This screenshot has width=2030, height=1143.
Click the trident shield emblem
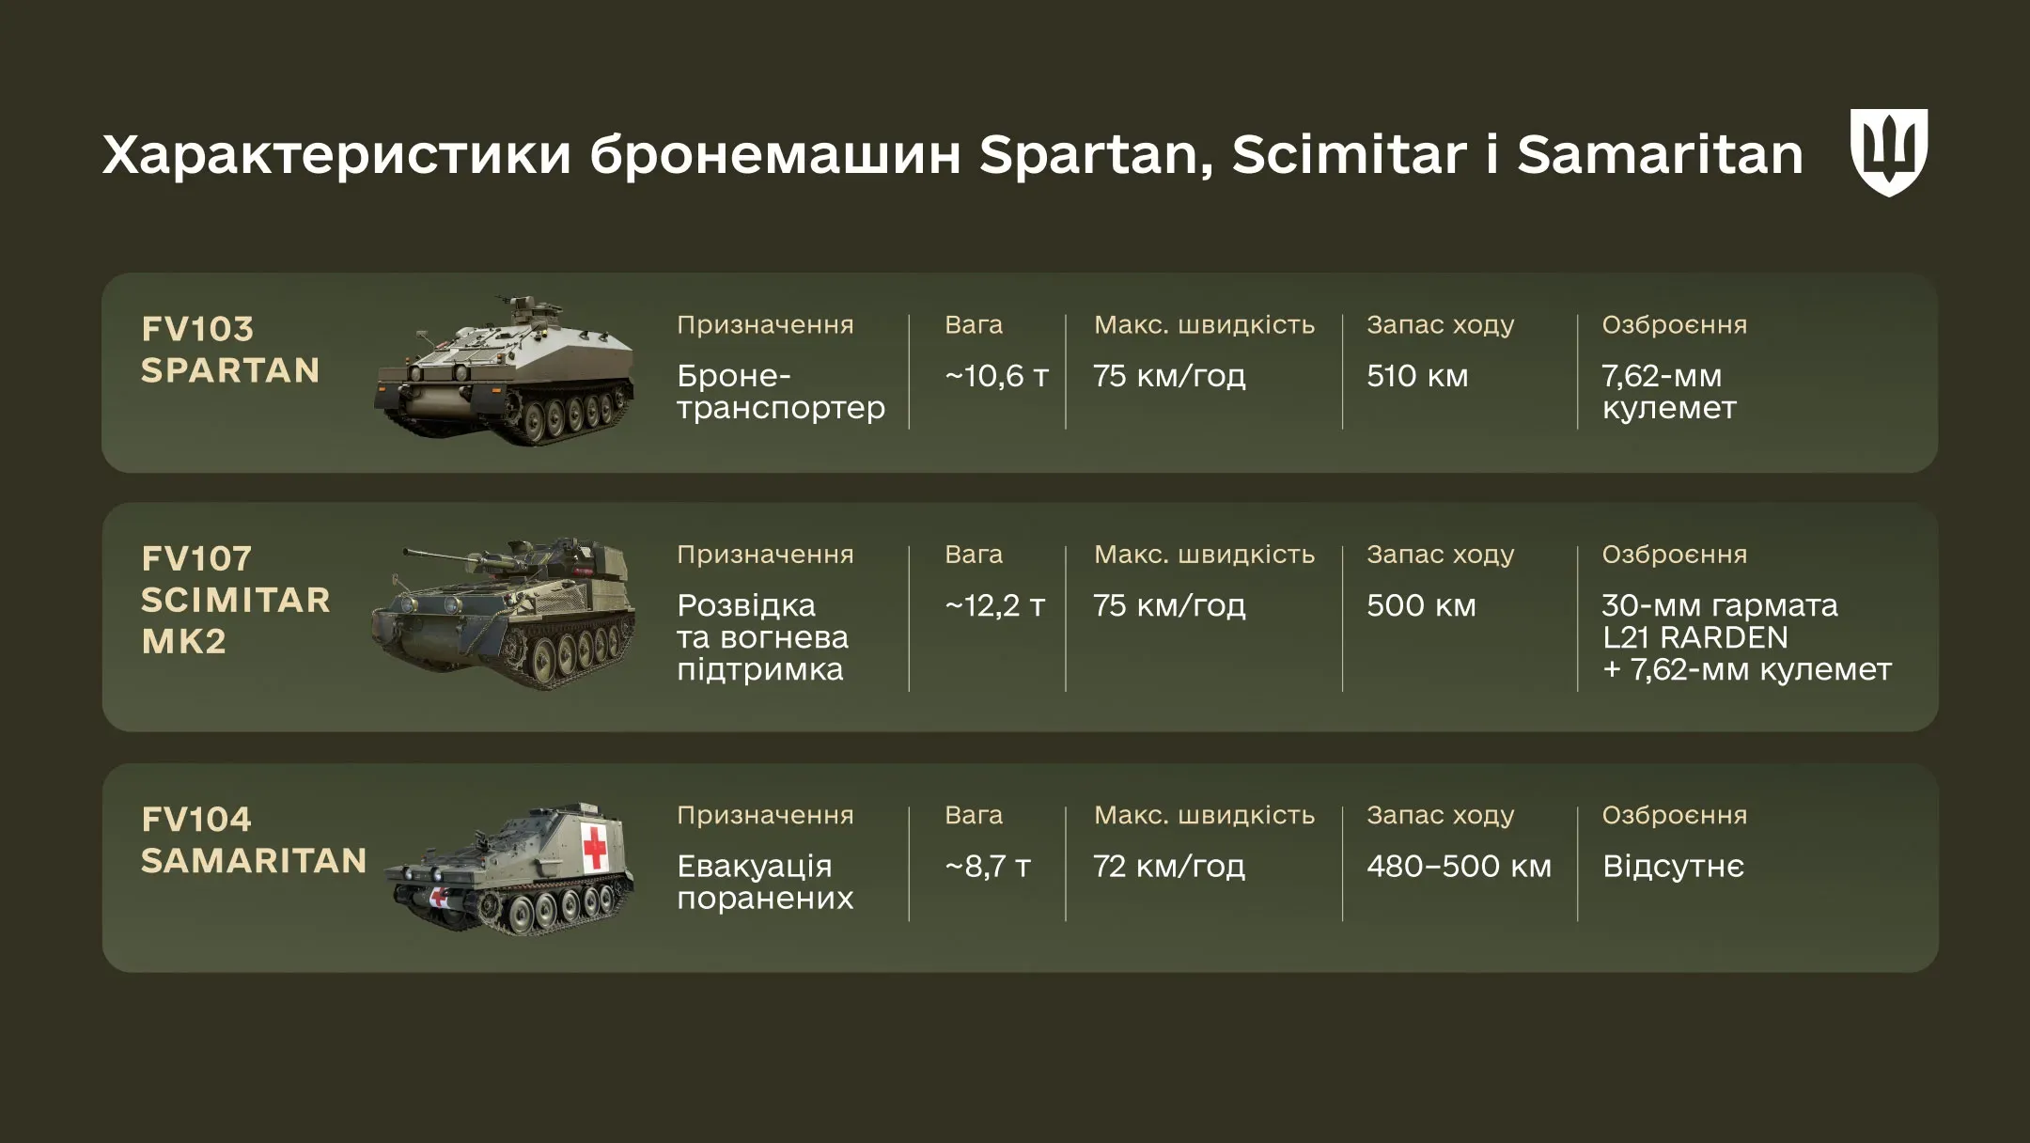[x=1888, y=151]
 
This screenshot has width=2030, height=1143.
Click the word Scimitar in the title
[x=1349, y=154]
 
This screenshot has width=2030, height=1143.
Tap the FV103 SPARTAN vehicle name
[x=230, y=350]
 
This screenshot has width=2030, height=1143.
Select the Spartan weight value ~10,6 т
[x=996, y=376]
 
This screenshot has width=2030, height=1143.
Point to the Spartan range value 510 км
[x=1416, y=376]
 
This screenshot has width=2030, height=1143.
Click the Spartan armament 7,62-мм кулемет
[x=1668, y=392]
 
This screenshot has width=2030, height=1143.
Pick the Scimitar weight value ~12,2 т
[x=994, y=605]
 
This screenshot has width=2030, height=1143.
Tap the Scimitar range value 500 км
[x=1420, y=605]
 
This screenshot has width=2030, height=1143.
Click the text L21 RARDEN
[x=1694, y=637]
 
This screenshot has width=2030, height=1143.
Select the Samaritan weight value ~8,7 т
[x=988, y=866]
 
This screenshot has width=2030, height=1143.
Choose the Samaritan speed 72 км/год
[x=1168, y=866]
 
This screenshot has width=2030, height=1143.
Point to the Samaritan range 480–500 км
[x=1459, y=866]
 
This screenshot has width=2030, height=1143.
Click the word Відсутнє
[x=1673, y=866]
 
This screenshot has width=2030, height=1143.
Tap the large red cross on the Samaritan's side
[x=594, y=848]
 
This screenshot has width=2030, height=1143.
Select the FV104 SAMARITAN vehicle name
[x=253, y=840]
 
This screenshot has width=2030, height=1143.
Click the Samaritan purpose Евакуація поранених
[x=764, y=882]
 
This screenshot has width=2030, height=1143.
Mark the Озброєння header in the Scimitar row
[x=1674, y=555]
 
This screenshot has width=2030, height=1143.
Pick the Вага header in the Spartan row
[x=973, y=325]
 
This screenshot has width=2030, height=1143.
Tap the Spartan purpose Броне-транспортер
[x=780, y=392]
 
